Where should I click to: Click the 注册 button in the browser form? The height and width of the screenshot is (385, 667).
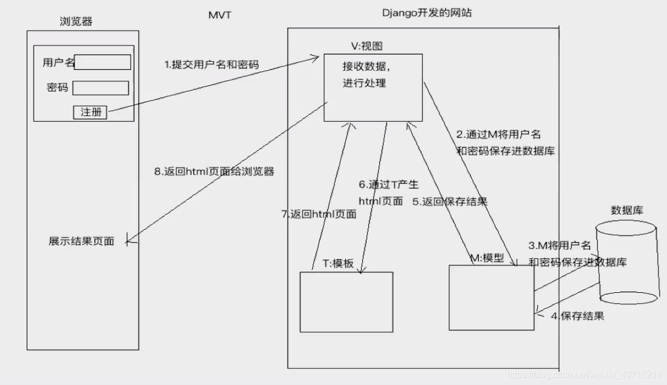click(90, 112)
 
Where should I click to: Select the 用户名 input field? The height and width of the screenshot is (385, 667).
click(102, 62)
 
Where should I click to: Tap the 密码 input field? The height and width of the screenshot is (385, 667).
click(101, 88)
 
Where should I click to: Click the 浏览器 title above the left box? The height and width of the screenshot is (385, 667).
click(76, 22)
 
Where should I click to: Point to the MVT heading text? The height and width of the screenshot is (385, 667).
click(219, 15)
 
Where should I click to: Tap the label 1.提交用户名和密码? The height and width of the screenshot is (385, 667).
click(211, 65)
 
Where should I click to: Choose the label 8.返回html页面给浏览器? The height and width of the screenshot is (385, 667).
click(214, 171)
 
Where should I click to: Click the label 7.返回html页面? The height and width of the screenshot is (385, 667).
click(319, 214)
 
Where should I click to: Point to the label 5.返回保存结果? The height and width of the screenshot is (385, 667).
click(450, 201)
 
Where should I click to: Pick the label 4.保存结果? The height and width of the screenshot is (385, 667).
click(577, 316)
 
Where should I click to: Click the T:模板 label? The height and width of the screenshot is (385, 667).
click(338, 263)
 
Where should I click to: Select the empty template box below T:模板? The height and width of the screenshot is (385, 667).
click(346, 302)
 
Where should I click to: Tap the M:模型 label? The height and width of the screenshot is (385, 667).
click(487, 258)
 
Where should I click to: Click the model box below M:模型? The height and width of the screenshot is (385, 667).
click(491, 297)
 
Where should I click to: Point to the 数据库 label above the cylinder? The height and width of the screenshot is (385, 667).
click(627, 210)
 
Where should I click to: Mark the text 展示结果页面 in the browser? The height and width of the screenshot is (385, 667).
click(81, 241)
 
